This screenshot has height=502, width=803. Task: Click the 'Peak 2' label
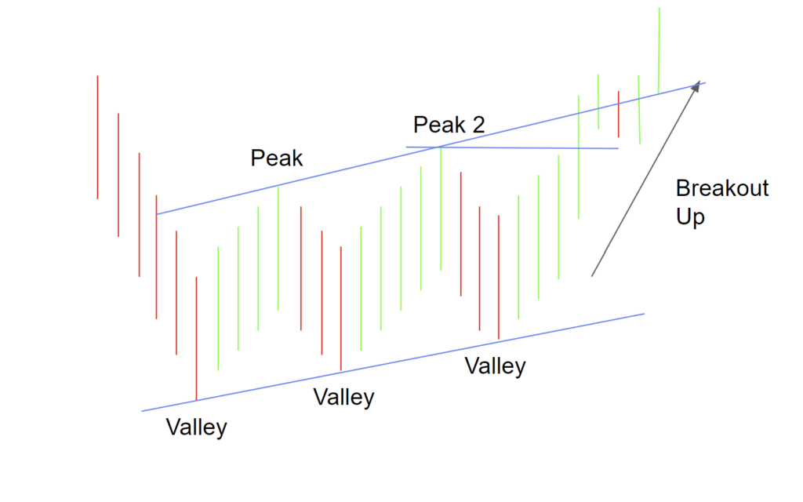(449, 125)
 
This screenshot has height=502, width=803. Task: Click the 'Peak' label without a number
(276, 158)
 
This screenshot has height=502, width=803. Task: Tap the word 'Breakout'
(722, 189)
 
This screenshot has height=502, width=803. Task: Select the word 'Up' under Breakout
(690, 217)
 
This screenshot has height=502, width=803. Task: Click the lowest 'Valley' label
(196, 427)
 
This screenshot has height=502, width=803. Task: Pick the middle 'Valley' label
(343, 397)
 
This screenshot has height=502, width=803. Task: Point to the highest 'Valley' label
(495, 366)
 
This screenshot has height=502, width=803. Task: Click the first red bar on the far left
(97, 137)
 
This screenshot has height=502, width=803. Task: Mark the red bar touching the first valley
(196, 337)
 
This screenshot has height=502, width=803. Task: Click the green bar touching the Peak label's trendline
(278, 247)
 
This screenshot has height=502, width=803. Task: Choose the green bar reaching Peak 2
(441, 208)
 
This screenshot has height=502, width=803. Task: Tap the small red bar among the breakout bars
(619, 114)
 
